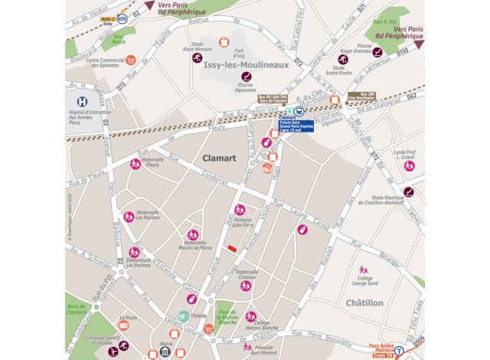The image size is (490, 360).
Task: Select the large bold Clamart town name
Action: tap(219, 158)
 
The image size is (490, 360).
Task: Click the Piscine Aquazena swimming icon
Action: tap(247, 77)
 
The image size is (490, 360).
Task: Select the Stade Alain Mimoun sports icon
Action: tap(197, 57)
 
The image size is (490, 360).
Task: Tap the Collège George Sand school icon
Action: tap(363, 270)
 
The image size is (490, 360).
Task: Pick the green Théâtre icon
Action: tap(183, 316)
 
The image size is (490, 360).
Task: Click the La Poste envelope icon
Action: tap(123, 326)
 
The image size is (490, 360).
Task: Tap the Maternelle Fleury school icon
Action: tap(135, 164)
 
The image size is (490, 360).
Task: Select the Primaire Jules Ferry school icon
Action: tap(240, 209)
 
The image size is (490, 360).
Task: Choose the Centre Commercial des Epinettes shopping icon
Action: tap(131, 60)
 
